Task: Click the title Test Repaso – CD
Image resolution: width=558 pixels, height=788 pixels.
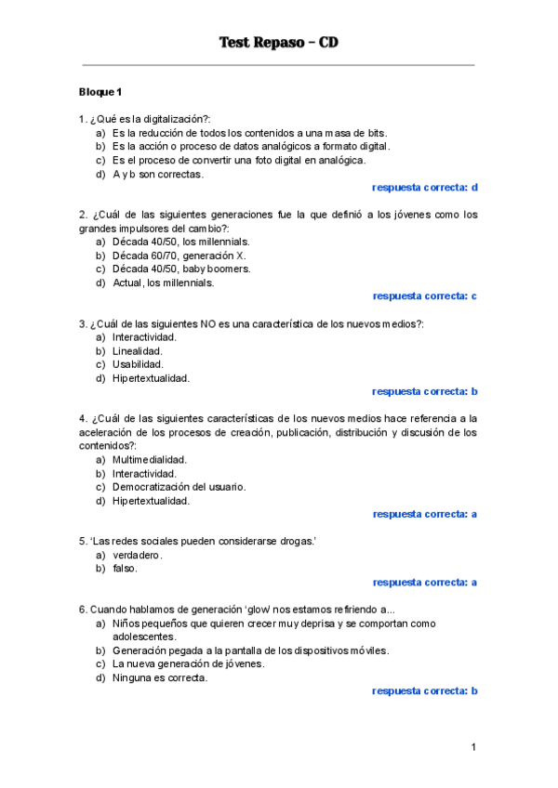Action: click(x=278, y=43)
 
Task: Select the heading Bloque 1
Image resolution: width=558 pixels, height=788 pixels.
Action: click(x=100, y=92)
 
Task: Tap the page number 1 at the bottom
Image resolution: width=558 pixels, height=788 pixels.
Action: click(x=472, y=747)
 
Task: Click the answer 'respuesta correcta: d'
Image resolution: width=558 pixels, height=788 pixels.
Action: click(x=425, y=188)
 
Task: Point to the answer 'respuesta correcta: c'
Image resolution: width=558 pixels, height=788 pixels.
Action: click(x=425, y=296)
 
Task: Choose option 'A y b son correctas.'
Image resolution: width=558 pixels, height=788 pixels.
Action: click(x=158, y=174)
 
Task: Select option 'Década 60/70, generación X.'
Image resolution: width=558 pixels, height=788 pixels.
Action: click(x=179, y=256)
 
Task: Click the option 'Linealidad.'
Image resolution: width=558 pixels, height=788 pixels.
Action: click(x=138, y=351)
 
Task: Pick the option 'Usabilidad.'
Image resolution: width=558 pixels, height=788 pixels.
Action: click(x=138, y=364)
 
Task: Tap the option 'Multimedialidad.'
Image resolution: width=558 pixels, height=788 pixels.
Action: click(x=150, y=460)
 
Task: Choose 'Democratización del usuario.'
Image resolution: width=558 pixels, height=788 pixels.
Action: click(x=179, y=487)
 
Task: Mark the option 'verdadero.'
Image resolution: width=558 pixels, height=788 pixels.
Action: click(x=138, y=555)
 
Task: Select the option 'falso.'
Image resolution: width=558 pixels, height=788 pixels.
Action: click(x=125, y=569)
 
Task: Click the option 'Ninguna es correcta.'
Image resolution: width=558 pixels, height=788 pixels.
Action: click(x=160, y=677)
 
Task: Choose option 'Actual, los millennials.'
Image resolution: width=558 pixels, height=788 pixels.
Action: click(x=164, y=282)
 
